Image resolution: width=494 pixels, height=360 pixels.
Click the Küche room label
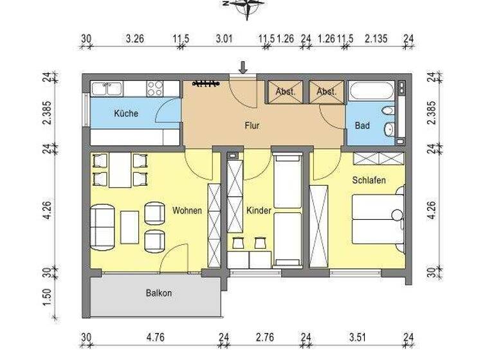(125, 114)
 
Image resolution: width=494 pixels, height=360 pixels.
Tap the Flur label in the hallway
(252, 126)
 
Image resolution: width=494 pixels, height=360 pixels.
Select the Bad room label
(362, 126)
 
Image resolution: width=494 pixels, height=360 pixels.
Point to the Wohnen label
(187, 210)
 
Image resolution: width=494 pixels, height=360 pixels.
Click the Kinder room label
(259, 210)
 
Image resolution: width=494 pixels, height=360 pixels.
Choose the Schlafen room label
(369, 181)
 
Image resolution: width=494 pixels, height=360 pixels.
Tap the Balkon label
(158, 293)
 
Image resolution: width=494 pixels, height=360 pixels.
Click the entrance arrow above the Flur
(243, 66)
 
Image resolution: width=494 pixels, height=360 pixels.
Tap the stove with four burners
(155, 88)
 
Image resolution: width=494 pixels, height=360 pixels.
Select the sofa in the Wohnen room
(102, 226)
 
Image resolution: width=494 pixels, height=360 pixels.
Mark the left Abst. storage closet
(285, 92)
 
